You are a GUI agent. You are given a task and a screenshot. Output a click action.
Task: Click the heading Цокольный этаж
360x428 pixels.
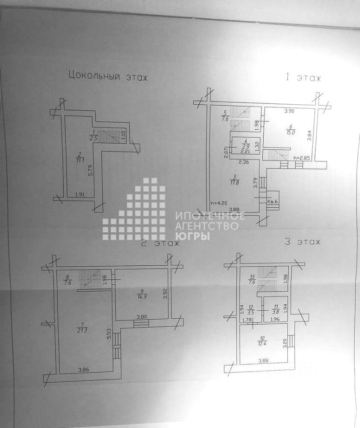[x=108, y=76]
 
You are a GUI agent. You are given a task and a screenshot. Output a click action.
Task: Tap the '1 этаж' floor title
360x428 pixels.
[x=303, y=78]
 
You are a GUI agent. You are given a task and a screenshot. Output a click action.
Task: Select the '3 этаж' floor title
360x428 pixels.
[x=302, y=242]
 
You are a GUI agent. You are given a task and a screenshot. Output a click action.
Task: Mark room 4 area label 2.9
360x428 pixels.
[x=244, y=146]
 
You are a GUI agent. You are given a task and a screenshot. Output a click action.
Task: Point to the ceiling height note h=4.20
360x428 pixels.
[x=219, y=203]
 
